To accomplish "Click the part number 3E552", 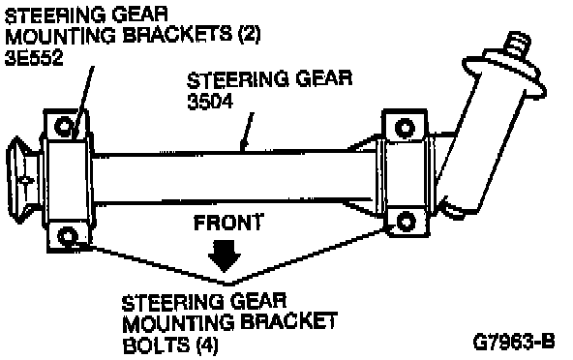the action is point(34,58).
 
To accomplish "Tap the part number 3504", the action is point(210,102).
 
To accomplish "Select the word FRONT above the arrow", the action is point(228,223).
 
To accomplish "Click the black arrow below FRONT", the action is point(225,255).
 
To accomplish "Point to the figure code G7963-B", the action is point(514,342).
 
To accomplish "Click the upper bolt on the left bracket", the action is point(64,127).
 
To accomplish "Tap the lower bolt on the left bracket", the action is point(68,236).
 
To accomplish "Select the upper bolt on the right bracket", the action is point(406,128).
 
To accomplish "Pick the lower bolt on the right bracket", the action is point(406,222).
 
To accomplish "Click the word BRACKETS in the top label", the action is point(178,36).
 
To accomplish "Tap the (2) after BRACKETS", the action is point(249,36).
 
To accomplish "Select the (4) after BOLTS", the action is point(207,345).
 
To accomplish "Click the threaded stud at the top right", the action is point(517,45).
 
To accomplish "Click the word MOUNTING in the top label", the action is point(61,36).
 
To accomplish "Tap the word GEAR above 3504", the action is point(324,79).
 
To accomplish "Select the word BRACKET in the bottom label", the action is point(288,322).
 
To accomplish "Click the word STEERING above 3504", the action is point(238,79).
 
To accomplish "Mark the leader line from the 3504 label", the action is point(247,132).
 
